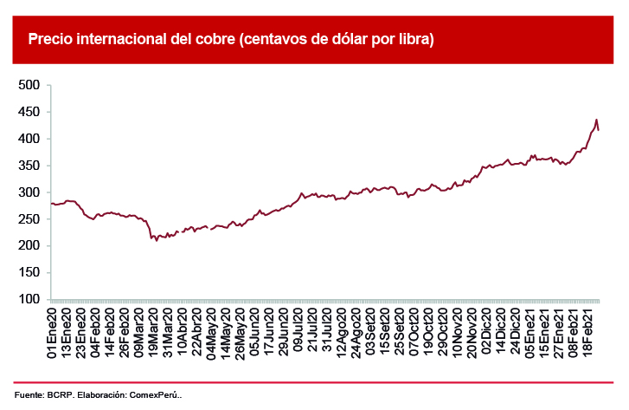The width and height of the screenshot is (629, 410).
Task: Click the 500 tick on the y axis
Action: [x=29, y=85]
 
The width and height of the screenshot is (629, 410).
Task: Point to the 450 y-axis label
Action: [x=29, y=112]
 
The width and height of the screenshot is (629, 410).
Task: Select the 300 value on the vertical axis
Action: [x=29, y=192]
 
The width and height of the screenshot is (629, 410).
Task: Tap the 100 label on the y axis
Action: [x=29, y=299]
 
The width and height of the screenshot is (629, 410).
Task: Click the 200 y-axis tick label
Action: [x=29, y=246]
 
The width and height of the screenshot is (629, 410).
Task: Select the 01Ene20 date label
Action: [x=53, y=333]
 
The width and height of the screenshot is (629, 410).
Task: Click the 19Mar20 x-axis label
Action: [x=153, y=333]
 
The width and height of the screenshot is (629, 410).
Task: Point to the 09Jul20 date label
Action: [x=298, y=333]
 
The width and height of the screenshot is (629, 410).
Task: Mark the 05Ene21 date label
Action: [x=528, y=333]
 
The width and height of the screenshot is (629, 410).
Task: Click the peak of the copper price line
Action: [x=595, y=120]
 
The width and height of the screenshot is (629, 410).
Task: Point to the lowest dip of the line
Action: [x=157, y=240]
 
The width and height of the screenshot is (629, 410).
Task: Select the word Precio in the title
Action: [x=49, y=40]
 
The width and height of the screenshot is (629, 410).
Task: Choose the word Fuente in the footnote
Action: [x=29, y=395]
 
